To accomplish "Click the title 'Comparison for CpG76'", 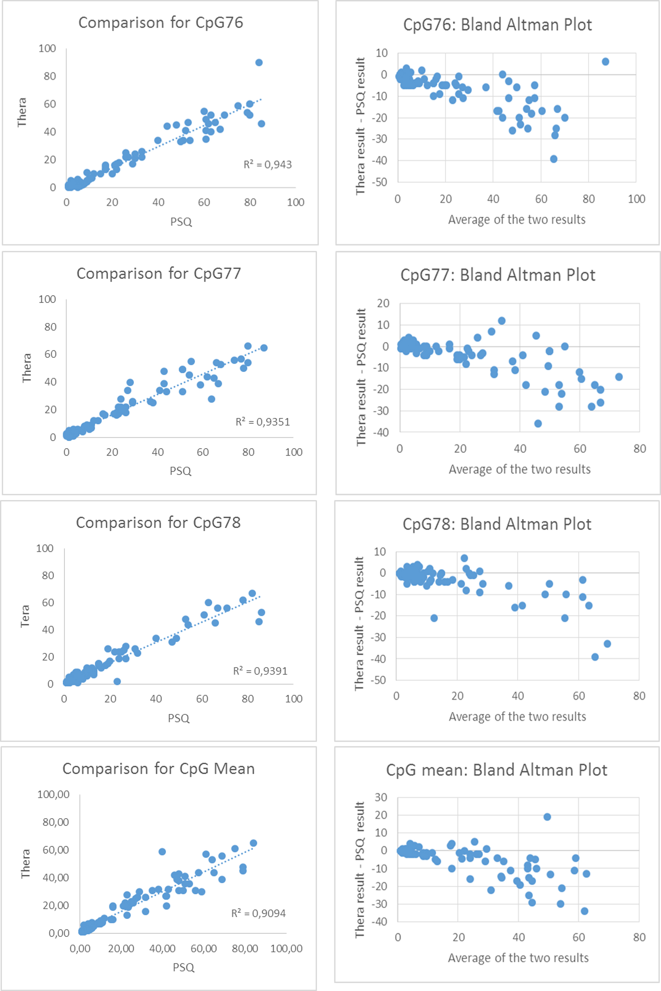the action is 161,23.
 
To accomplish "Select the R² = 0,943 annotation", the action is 268,164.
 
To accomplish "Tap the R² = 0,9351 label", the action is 263,422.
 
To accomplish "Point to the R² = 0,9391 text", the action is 260,670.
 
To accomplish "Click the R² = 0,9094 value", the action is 259,913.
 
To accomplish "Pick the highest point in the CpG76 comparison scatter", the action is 259,62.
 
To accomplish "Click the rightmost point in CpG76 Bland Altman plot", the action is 605,62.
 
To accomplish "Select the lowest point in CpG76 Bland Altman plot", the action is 554,159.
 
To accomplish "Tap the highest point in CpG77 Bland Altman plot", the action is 502,321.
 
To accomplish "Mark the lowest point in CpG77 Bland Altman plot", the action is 538,423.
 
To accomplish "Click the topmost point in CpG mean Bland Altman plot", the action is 547,817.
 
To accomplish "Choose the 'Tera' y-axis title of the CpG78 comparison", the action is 25,616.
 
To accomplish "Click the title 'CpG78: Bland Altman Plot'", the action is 497,524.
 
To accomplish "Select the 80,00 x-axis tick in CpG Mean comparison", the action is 245,948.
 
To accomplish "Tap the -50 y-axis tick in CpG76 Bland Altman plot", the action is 379,182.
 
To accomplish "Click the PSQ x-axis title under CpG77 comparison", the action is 181,471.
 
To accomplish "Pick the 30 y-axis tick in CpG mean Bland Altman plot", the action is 381,797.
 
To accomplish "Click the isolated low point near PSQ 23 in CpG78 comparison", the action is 117,681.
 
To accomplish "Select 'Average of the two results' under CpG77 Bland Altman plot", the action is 519,469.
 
